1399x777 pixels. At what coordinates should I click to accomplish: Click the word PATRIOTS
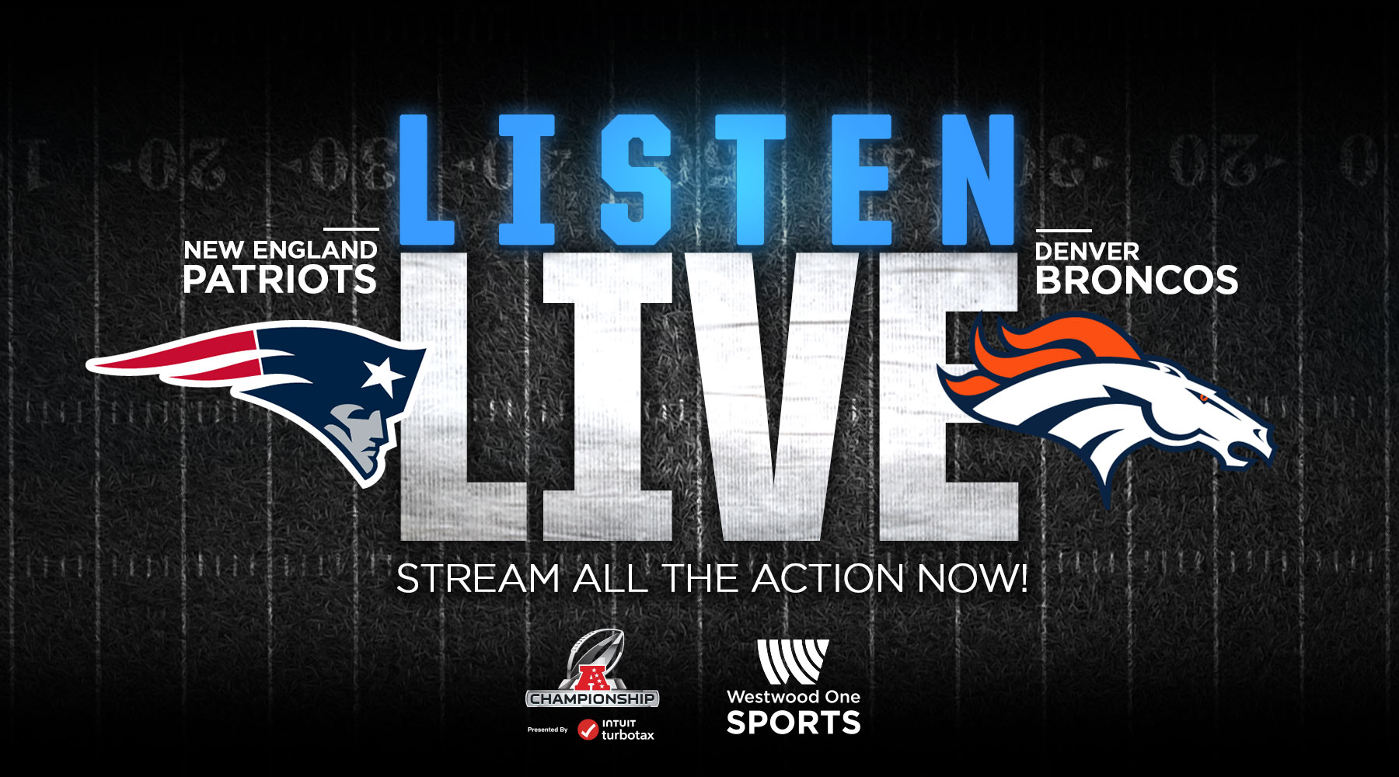click(x=280, y=280)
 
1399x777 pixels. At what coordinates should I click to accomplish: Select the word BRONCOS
click(x=1136, y=280)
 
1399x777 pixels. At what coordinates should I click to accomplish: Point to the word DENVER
click(x=1087, y=252)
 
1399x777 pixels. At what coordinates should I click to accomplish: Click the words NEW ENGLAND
click(x=281, y=250)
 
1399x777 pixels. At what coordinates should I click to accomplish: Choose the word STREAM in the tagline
click(x=478, y=579)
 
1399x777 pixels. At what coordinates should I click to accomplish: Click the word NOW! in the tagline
click(x=972, y=579)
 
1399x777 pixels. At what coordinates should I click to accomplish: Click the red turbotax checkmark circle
click(x=588, y=730)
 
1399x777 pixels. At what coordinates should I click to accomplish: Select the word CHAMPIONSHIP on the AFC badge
click(x=592, y=699)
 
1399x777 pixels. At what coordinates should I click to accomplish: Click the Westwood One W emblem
click(x=793, y=662)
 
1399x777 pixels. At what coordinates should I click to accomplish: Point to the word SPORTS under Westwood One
click(x=794, y=723)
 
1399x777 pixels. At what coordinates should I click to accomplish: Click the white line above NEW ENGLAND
click(x=351, y=229)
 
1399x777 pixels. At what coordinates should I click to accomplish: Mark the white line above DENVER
click(x=1064, y=231)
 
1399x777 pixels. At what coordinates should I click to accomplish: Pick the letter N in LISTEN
click(x=975, y=179)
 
